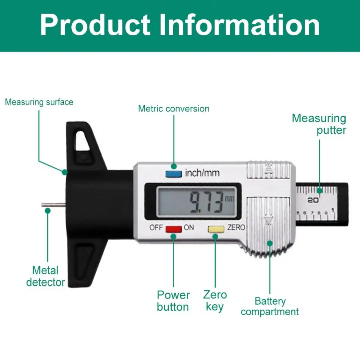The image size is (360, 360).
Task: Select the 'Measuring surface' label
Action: click(39, 102)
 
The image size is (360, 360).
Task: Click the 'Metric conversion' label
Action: click(174, 109)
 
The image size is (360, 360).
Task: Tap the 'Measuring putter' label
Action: click(319, 124)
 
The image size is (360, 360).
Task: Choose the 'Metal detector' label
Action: click(45, 276)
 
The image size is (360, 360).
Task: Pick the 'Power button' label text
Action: click(173, 301)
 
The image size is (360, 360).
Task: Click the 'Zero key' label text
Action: click(215, 301)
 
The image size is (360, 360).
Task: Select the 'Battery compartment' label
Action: click(270, 307)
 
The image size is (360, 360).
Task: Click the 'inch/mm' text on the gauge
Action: click(202, 174)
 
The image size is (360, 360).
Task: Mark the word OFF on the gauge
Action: click(156, 228)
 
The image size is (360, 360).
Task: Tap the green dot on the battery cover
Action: click(270, 243)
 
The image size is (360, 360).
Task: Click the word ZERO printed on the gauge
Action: click(236, 228)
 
